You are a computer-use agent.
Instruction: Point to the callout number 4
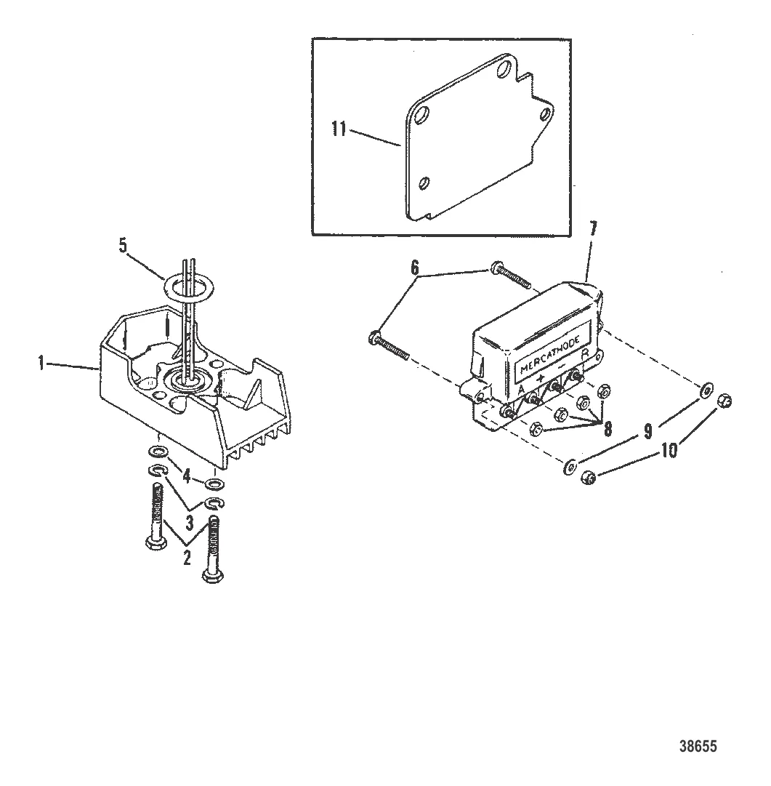[x=186, y=477]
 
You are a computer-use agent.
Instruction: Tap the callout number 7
[x=592, y=230]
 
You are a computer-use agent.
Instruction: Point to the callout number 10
[x=669, y=451]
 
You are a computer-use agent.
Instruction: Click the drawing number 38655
[x=703, y=746]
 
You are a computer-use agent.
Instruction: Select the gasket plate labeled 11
[x=472, y=145]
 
